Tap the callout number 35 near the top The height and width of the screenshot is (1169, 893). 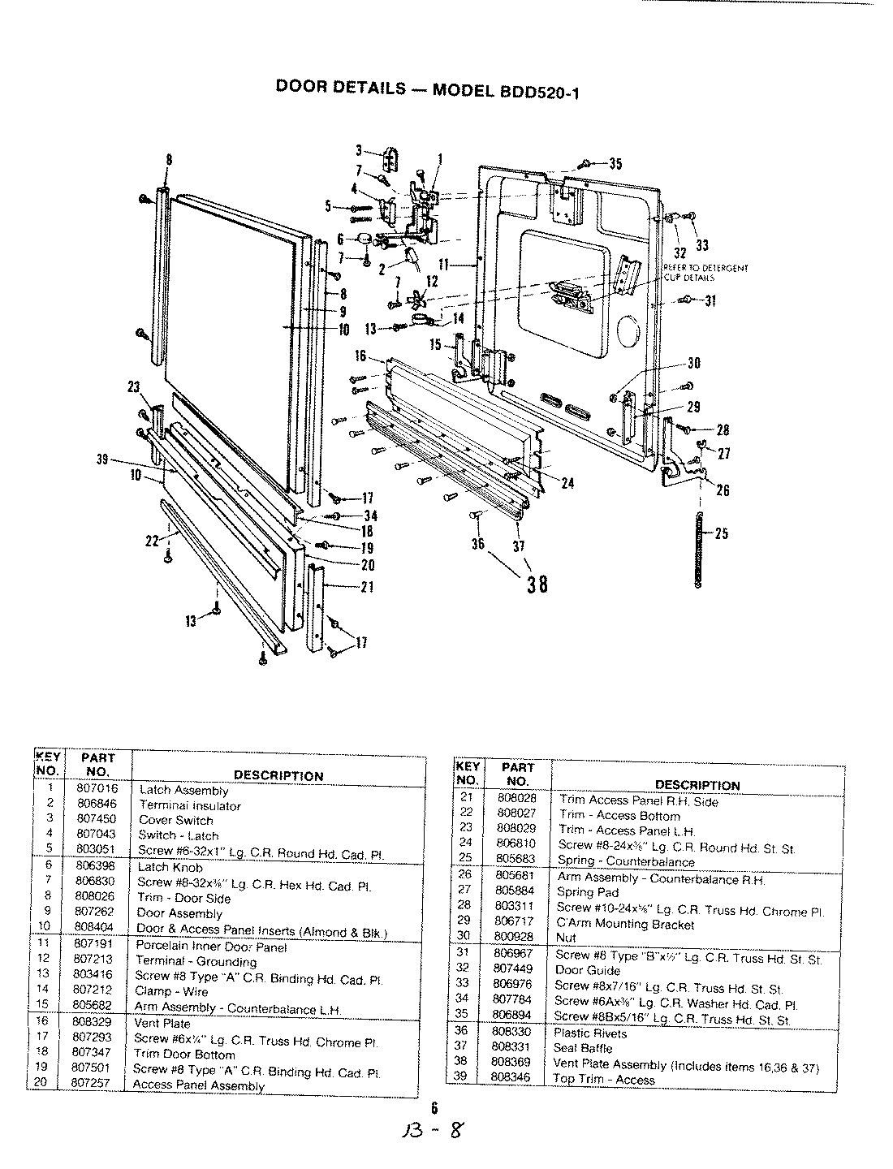tap(615, 164)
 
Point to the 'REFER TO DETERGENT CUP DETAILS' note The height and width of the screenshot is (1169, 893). tap(703, 272)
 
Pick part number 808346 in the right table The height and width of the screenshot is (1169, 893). tap(511, 1077)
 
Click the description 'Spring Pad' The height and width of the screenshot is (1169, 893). tap(587, 892)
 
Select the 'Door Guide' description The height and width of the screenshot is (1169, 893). tap(587, 970)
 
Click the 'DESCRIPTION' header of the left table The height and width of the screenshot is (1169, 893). tap(278, 775)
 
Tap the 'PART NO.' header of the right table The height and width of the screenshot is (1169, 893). tap(517, 774)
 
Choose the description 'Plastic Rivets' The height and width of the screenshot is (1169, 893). tap(590, 1033)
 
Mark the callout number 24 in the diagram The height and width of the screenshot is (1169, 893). tap(567, 482)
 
